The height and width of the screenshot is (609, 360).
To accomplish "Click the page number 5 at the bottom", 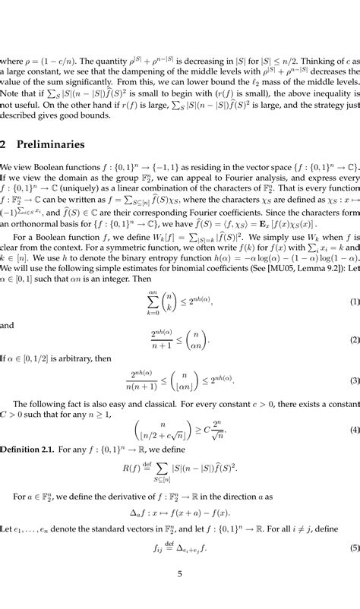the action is click(180, 595).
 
